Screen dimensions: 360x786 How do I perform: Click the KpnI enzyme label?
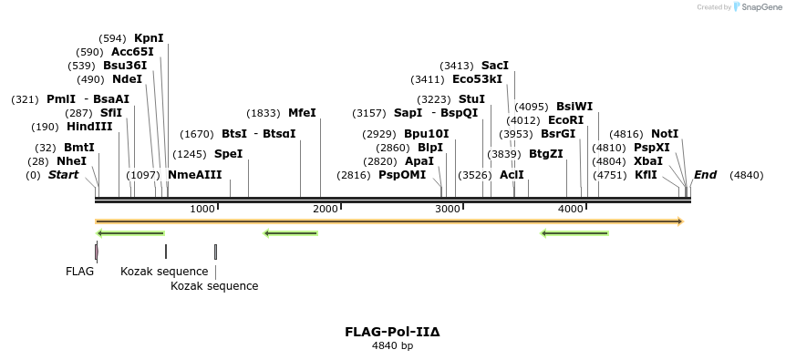149,38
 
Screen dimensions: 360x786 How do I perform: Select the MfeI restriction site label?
302,113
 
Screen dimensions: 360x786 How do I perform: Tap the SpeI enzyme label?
228,154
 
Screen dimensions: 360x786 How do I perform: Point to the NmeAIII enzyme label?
194,175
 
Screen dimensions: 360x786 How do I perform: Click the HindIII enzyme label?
89,127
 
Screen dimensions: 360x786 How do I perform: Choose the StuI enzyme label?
471,99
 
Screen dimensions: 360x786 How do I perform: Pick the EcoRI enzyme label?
565,120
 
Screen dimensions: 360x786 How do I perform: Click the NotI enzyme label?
664,134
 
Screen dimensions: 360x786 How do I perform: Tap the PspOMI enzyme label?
402,175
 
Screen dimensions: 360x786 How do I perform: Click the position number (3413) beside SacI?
457,66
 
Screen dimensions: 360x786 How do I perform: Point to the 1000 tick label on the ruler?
202,210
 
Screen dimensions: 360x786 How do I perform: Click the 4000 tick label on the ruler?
571,210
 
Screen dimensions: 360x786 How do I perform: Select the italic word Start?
63,175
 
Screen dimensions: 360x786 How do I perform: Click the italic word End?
705,175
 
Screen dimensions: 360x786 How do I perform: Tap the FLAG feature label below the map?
79,272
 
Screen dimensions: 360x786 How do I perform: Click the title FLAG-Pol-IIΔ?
392,332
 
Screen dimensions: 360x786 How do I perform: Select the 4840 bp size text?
392,346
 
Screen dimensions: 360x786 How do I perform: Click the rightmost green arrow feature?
574,233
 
